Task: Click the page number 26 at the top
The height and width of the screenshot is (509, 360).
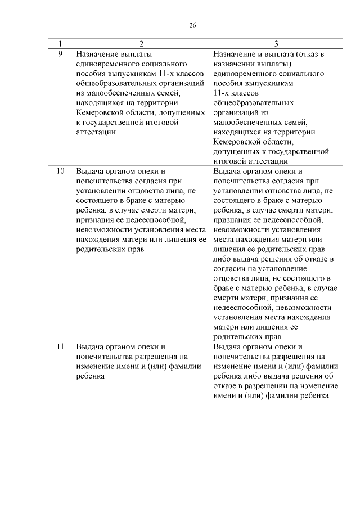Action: tap(192, 25)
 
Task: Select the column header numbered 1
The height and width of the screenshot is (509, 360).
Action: tap(60, 43)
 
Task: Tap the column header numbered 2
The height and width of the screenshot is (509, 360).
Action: tap(141, 43)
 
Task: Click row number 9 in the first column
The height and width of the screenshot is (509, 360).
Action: tap(60, 54)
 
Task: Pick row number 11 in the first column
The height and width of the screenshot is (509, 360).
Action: tap(60, 346)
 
